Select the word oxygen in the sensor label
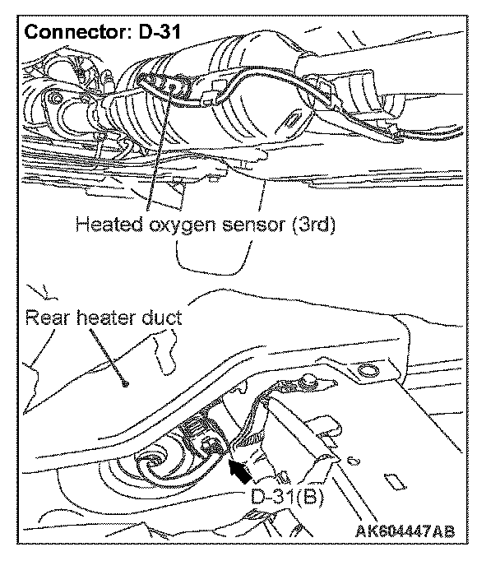(x=176, y=225)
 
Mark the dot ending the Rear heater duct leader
(x=123, y=383)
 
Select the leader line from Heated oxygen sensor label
(x=159, y=148)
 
